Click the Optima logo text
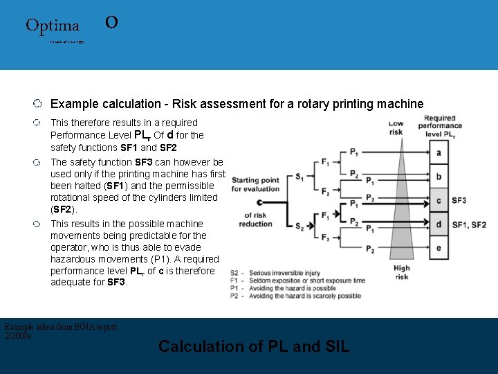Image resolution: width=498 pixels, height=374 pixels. pyautogui.click(x=53, y=26)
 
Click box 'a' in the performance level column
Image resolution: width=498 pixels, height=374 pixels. pyautogui.click(x=439, y=152)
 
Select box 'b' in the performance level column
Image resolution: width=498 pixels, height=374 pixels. pyautogui.click(x=439, y=176)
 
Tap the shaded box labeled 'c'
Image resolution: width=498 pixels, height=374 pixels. pyautogui.click(x=439, y=200)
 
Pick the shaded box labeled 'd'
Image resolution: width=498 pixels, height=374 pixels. pyautogui.click(x=439, y=224)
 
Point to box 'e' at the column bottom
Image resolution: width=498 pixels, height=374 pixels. pyautogui.click(x=439, y=248)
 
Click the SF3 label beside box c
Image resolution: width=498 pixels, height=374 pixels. pyautogui.click(x=459, y=200)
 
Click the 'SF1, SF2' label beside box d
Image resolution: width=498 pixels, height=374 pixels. pyautogui.click(x=469, y=224)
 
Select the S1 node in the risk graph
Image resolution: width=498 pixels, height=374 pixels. pyautogui.click(x=299, y=177)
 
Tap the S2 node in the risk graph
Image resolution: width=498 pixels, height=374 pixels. pyautogui.click(x=299, y=226)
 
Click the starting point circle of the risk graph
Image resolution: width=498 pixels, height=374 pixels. pyautogui.click(x=259, y=202)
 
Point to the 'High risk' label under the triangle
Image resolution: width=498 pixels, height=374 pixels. pyautogui.click(x=401, y=272)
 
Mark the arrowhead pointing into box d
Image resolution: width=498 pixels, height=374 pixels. pyautogui.click(x=423, y=223)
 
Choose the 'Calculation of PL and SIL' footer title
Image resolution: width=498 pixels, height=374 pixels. pyautogui.click(x=254, y=346)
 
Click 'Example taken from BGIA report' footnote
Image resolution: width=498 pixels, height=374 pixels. pyautogui.click(x=61, y=327)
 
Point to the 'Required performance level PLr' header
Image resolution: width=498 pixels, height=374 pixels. pyautogui.click(x=440, y=126)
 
